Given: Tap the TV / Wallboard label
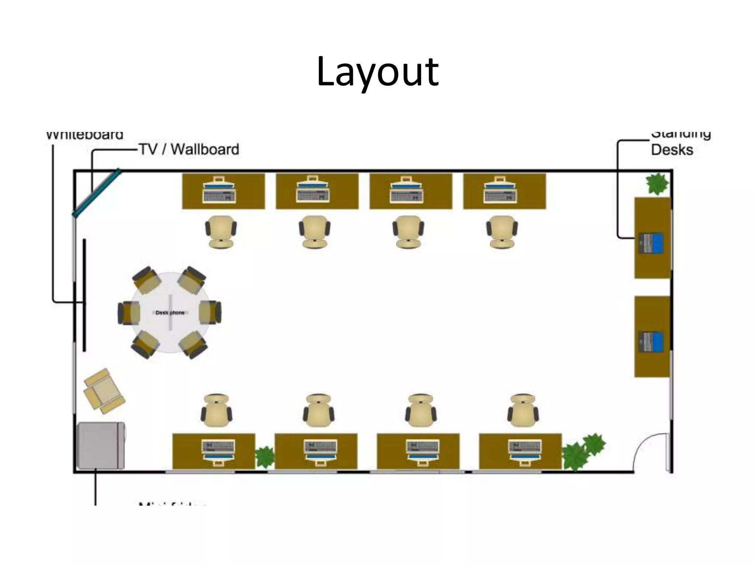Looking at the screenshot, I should tap(189, 149).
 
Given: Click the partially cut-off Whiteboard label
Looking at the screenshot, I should tap(85, 135).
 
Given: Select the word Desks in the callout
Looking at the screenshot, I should tap(672, 150).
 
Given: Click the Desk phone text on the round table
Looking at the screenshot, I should tap(170, 312).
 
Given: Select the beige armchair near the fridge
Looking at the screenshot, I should tap(104, 391).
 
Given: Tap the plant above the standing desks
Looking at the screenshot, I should tap(657, 184).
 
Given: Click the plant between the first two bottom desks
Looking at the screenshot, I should tap(265, 457).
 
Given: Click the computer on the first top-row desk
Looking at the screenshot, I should tap(219, 190).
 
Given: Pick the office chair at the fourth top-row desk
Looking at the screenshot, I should tap(502, 231).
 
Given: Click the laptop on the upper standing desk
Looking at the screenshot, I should tap(651, 243).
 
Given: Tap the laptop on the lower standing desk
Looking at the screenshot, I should tap(651, 342).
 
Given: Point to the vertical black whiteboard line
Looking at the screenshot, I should tap(84, 295).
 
